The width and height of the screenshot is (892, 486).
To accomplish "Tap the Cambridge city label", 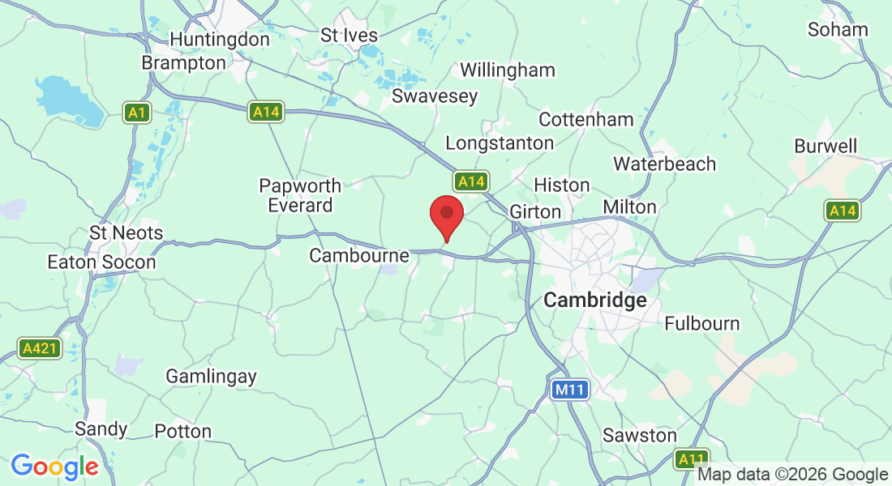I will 594,301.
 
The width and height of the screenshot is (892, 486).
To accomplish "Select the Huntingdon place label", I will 219,39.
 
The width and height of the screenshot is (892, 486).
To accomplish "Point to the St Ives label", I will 350,35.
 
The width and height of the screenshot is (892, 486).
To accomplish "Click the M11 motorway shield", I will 570,390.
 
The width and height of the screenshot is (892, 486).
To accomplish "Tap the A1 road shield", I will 137,112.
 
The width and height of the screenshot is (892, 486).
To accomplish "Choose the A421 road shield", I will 39,348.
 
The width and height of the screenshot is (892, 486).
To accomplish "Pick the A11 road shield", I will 691,459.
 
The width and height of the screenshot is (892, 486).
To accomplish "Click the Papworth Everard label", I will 300,195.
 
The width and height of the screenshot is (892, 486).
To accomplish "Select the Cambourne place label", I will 359,256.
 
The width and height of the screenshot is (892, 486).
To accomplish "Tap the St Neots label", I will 126,233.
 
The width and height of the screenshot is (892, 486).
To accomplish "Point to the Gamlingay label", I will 211,376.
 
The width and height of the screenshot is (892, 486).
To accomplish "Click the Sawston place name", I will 639,435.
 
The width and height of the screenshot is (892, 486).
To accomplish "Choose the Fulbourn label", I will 701,323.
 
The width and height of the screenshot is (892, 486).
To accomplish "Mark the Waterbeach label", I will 664,164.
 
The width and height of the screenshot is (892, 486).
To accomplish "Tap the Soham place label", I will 838,30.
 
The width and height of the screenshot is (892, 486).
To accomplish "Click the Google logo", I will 54,467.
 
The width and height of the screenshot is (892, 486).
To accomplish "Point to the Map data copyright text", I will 792,475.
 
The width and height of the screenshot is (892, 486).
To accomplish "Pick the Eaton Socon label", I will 101,262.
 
